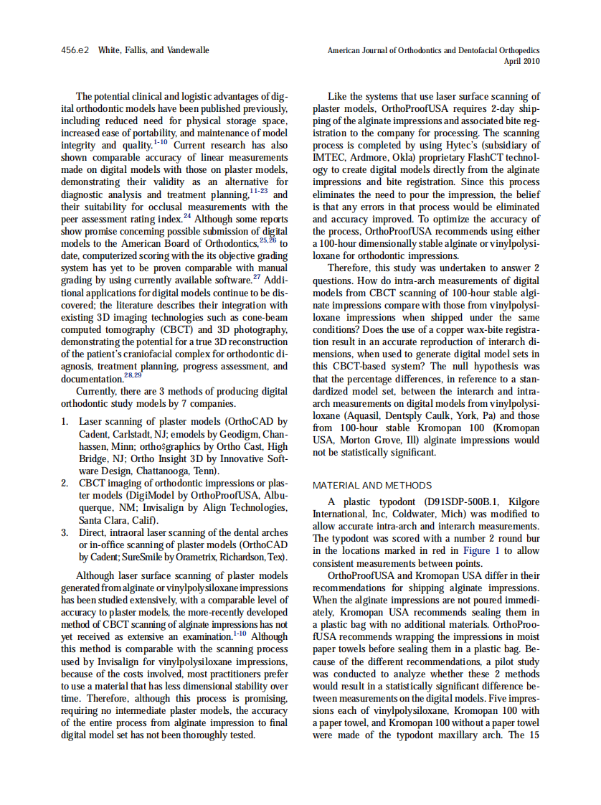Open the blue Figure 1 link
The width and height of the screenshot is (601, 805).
point(477,550)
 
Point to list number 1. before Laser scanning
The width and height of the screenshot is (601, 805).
point(65,422)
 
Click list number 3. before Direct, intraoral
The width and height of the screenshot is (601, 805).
point(65,532)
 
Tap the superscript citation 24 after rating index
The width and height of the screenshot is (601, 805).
point(187,215)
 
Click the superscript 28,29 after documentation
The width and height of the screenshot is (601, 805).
point(133,375)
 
